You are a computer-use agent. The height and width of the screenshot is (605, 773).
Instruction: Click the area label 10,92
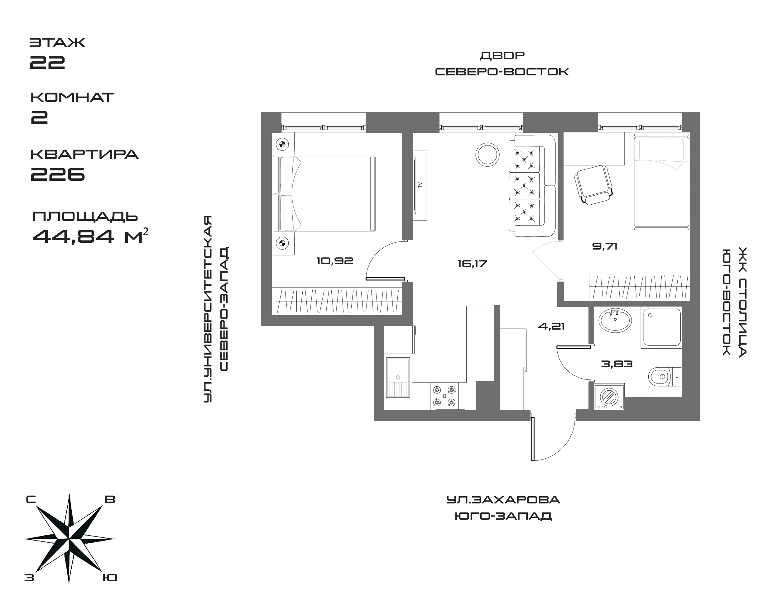pyautogui.click(x=335, y=261)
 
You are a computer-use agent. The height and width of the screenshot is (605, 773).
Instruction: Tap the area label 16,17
pyautogui.click(x=472, y=264)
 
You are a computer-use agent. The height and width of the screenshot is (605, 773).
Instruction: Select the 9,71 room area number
pyautogui.click(x=605, y=246)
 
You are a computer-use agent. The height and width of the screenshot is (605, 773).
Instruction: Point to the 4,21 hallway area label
pyautogui.click(x=551, y=326)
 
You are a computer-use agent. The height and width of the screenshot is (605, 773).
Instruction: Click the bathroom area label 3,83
pyautogui.click(x=617, y=364)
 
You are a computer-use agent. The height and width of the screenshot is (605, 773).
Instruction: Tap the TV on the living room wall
pyautogui.click(x=420, y=185)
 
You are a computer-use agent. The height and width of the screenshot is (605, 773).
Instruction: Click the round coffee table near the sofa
pyautogui.click(x=487, y=155)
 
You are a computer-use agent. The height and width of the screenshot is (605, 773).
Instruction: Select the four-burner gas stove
pyautogui.click(x=444, y=396)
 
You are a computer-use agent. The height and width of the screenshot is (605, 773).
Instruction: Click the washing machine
pyautogui.click(x=609, y=396)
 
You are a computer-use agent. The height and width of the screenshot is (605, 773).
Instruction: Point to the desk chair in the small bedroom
pyautogui.click(x=593, y=184)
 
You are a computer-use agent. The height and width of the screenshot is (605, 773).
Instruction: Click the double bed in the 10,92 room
pyautogui.click(x=324, y=194)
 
